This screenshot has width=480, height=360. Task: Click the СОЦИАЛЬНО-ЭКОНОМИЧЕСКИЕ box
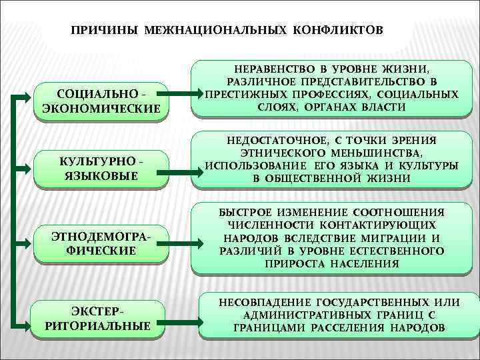[x=101, y=101]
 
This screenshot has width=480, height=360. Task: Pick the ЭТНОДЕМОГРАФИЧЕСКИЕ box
[x=101, y=243]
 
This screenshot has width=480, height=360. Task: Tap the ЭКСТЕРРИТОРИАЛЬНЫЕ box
[x=101, y=319]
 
